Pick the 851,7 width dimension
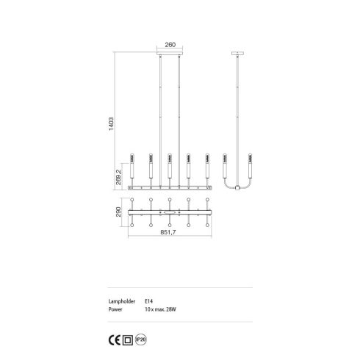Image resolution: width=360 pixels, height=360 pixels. coord(170,233)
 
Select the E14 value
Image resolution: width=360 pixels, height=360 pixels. coord(149,300)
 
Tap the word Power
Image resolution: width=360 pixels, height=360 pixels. coord(115,309)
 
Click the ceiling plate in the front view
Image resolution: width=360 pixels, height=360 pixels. coord(169,54)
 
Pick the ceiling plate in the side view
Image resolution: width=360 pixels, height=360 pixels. coord(237,54)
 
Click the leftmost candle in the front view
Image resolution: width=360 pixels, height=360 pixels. coord(132,166)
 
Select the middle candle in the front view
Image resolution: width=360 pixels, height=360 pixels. coord(169,166)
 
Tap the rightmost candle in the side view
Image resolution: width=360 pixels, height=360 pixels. coord(251,166)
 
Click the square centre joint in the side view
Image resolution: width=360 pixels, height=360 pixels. coord(237,190)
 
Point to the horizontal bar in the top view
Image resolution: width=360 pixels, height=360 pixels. coord(170,213)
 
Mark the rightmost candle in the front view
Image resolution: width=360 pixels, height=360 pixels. coord(207,166)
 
